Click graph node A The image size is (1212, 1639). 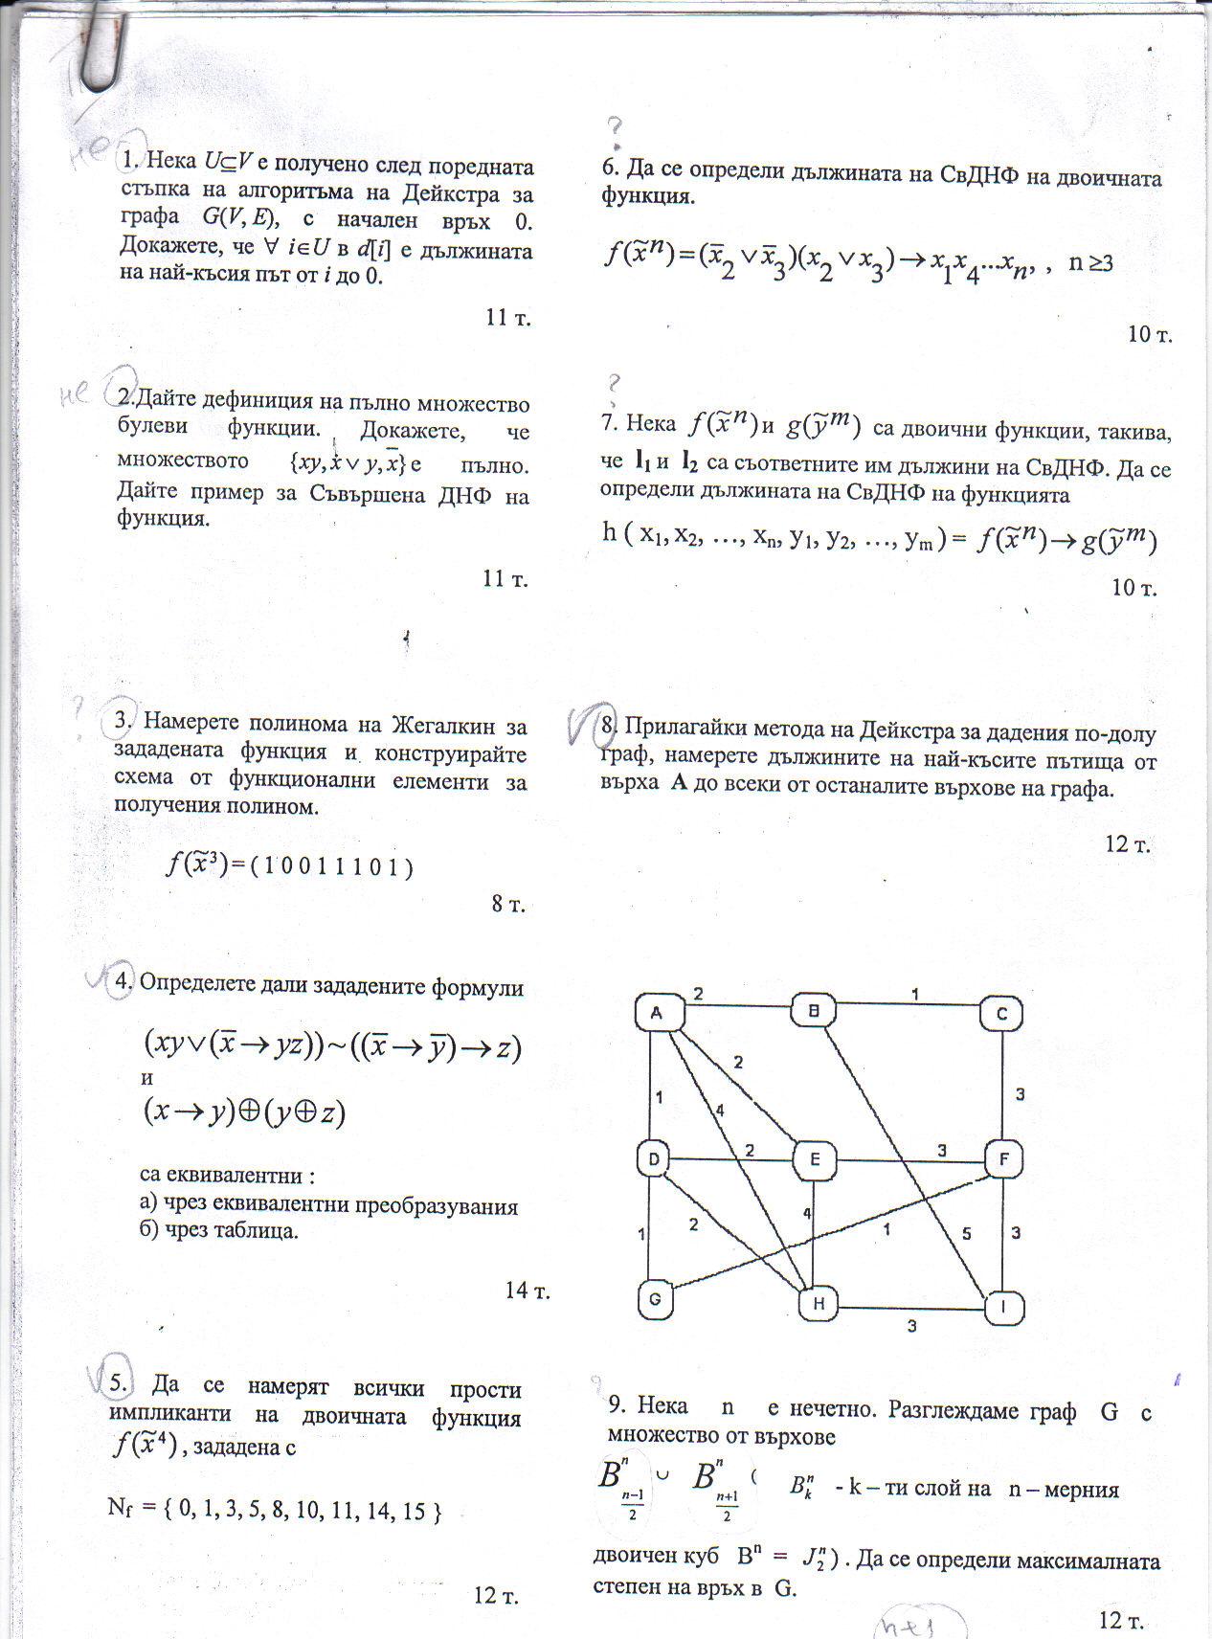659,1013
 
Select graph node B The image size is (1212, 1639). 815,1011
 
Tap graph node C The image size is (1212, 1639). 1001,1014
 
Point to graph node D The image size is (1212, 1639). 653,1160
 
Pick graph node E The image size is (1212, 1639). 815,1160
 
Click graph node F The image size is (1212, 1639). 1003,1161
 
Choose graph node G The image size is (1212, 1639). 655,1300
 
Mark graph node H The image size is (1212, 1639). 819,1303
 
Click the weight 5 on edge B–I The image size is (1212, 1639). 966,1234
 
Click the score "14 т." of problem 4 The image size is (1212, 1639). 527,1291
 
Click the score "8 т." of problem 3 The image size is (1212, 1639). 508,904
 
